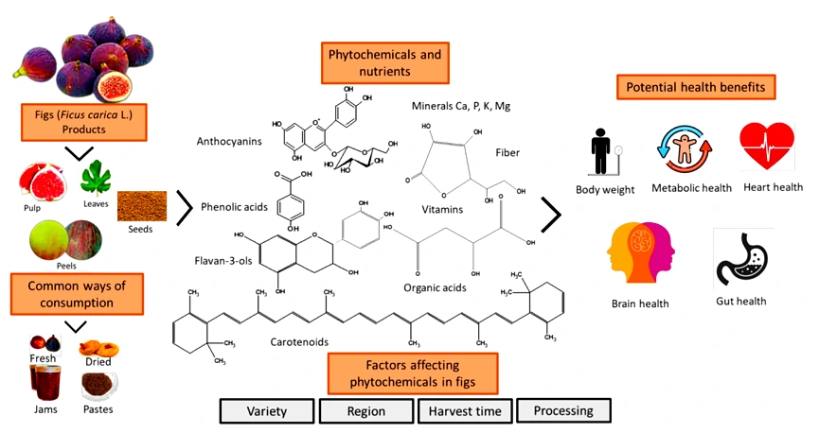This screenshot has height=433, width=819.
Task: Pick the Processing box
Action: [562, 410]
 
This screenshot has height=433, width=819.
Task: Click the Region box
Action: [365, 411]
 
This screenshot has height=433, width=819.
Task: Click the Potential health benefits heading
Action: [697, 88]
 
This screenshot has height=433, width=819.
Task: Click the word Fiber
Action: [507, 150]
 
